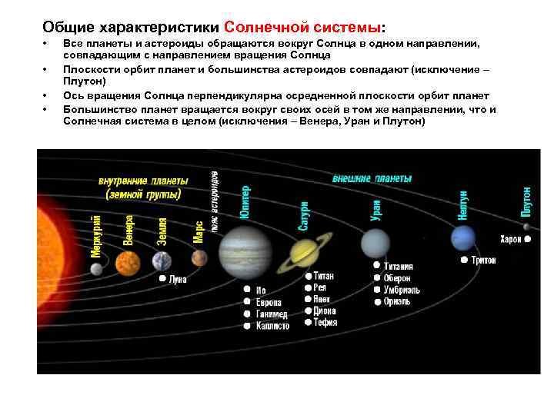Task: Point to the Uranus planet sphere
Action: [375, 244]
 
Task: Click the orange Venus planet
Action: [127, 263]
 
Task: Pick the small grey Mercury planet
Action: [96, 268]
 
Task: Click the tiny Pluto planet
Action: [526, 227]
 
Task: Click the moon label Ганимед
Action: [272, 314]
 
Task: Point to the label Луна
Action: [178, 281]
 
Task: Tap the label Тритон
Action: [483, 261]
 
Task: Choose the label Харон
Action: [510, 239]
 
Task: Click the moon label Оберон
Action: [397, 278]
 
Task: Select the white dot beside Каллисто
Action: [247, 326]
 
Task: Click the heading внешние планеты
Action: [372, 178]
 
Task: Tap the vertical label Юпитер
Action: [245, 202]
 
